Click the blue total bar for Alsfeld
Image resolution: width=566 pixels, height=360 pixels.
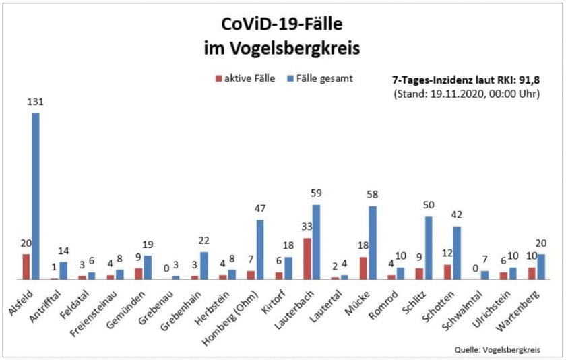tap(36, 196)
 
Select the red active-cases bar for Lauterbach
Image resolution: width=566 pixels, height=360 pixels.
tap(307, 258)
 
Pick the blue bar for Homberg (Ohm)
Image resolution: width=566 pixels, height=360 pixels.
tap(260, 249)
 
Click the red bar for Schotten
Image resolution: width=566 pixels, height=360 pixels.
tap(447, 272)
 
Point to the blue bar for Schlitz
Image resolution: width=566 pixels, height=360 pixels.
tap(429, 247)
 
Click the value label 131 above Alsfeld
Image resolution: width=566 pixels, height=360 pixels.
tap(35, 102)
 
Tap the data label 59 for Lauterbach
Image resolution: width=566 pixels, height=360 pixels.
tap(317, 194)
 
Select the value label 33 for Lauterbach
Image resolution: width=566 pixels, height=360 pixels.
tap(307, 228)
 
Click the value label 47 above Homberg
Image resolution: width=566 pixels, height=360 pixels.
tap(260, 210)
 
